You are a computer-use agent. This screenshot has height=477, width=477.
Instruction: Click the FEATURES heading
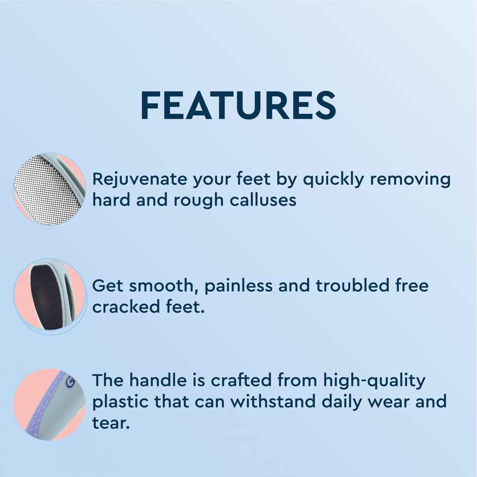point(238,106)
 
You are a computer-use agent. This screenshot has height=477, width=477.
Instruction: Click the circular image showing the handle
point(49,404)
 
